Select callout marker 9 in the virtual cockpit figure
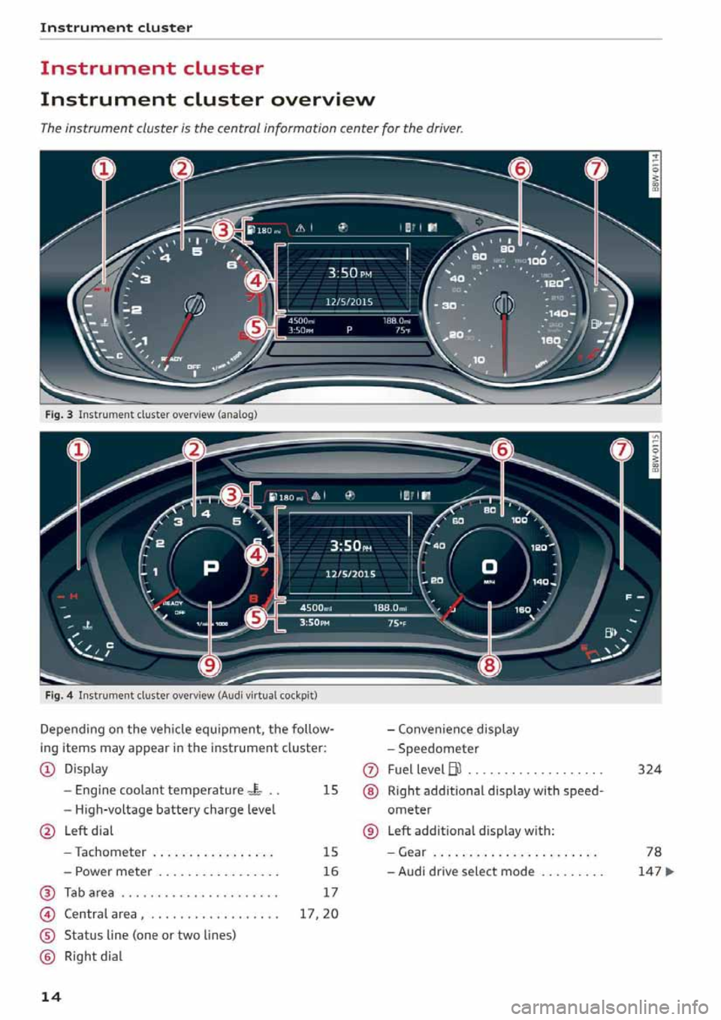[210, 664]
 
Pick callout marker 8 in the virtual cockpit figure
[489, 664]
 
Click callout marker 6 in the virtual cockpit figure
[502, 450]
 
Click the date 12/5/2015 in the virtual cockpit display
[350, 574]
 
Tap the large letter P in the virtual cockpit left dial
[211, 567]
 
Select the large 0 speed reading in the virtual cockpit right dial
[489, 566]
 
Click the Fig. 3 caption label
[59, 415]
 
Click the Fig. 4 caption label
[59, 696]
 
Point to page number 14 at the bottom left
[50, 997]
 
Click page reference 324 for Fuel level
[649, 769]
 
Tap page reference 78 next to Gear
[653, 852]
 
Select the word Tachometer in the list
[110, 852]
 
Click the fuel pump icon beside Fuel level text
[455, 769]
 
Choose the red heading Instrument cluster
[152, 68]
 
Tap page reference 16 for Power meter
[330, 871]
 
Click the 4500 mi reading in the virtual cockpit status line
[315, 608]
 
